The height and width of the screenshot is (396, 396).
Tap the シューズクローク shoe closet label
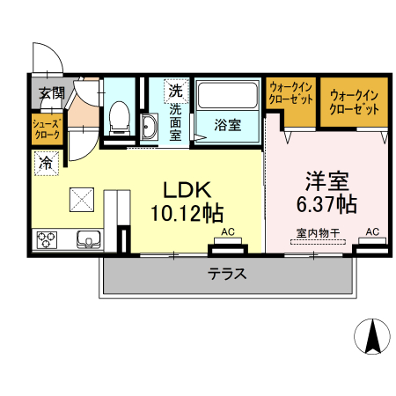46,130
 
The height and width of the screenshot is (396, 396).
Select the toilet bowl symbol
118,120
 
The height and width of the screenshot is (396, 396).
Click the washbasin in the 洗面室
148,128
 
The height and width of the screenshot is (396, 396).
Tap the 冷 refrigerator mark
45,161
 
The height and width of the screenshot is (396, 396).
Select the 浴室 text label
228,124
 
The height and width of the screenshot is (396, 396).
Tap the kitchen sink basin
89,238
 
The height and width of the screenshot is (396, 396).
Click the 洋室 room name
327,181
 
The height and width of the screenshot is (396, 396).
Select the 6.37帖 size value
326,204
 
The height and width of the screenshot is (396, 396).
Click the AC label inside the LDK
228,232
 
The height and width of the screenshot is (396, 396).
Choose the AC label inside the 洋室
371,231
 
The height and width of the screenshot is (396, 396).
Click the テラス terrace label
226,273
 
